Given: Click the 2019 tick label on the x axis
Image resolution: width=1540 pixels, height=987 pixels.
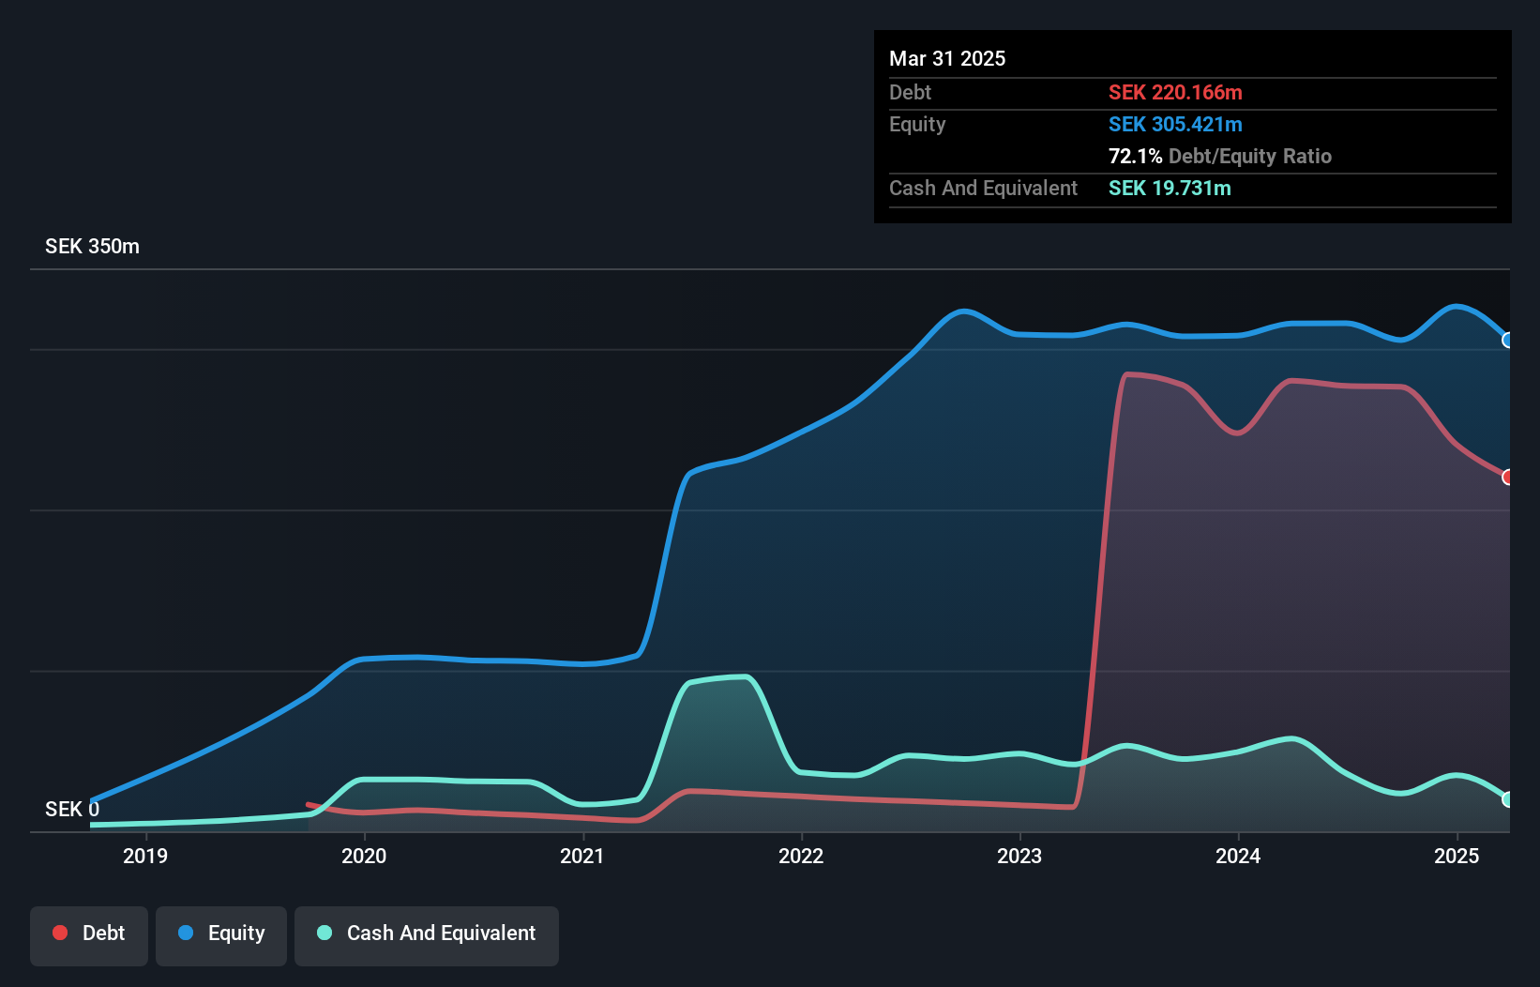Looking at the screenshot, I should tap(145, 856).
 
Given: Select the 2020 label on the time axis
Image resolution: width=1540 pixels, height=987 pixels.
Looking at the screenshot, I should tap(364, 856).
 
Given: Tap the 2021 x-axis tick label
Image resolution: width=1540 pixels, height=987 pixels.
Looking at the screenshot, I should tap(582, 856).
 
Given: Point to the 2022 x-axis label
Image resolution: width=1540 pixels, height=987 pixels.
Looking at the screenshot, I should tap(801, 856).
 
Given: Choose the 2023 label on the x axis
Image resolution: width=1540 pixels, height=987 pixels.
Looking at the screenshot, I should tap(1019, 856).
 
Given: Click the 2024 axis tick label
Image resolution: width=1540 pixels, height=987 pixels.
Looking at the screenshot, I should tap(1238, 856).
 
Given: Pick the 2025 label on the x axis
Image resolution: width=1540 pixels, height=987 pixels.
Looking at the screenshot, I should tap(1457, 856).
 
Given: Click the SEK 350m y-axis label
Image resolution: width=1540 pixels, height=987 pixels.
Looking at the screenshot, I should tap(92, 247).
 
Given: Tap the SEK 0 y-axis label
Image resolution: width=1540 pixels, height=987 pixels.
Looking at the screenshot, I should tap(72, 809).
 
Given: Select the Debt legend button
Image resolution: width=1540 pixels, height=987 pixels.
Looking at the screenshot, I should tap(89, 934).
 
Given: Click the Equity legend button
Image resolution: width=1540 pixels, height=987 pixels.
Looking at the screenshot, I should tap(221, 934).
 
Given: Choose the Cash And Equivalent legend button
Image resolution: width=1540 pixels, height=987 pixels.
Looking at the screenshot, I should tap(427, 934).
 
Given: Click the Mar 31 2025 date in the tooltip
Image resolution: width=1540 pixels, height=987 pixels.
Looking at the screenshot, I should tap(947, 59).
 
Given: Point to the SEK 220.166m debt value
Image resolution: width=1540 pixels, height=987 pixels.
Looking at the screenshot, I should tap(1175, 93).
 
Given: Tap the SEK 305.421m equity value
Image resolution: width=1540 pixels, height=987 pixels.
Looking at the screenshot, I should tap(1175, 125).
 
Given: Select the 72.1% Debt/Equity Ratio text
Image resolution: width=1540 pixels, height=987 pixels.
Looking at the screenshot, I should tap(1219, 157).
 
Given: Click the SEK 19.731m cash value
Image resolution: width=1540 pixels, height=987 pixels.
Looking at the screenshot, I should tap(1170, 189).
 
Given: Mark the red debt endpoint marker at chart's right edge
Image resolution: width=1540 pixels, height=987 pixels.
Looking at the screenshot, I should tap(1508, 478).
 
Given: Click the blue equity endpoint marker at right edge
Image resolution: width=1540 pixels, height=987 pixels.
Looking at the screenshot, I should tap(1508, 341).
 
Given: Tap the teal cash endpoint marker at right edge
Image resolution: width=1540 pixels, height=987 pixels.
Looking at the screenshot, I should tap(1508, 799).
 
